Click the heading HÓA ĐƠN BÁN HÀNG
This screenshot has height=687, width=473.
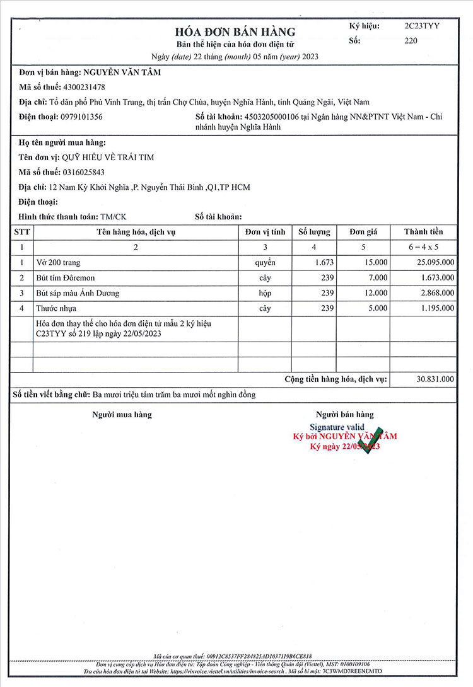point(235,32)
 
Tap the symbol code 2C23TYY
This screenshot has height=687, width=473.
point(422,26)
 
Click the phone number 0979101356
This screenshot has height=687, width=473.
point(81,117)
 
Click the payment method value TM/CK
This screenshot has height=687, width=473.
point(114,216)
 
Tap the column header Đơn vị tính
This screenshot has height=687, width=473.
point(265,232)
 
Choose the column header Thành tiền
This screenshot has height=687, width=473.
point(424,232)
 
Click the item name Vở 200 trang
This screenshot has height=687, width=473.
point(59,262)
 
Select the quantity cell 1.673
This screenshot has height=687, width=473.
point(324,262)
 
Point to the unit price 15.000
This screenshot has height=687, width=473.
point(375,262)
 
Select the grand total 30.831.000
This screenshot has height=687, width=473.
point(435,379)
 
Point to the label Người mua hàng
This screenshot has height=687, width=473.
point(122,414)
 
